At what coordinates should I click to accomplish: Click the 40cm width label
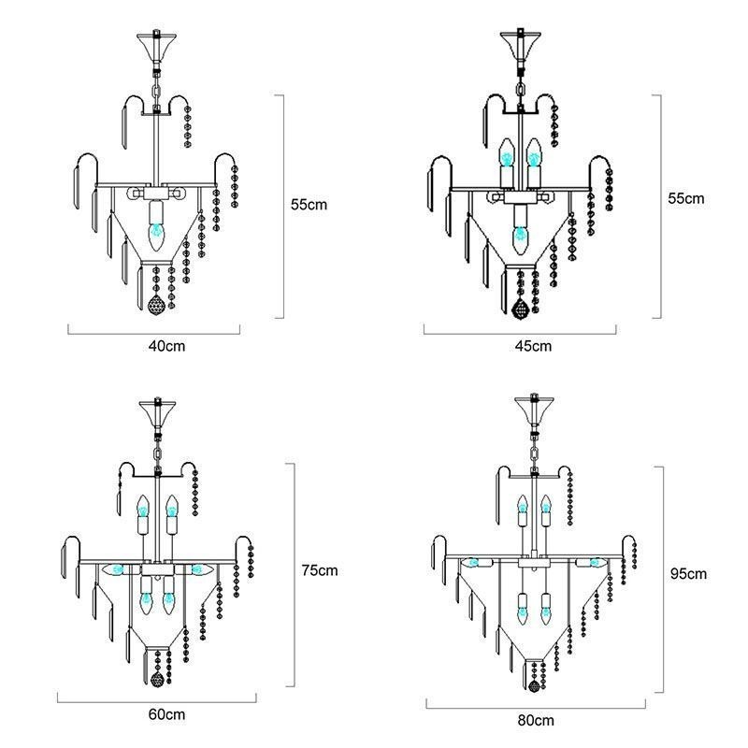(x=167, y=346)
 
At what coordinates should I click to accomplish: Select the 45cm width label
(x=534, y=346)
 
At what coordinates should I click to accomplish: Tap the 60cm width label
(x=167, y=714)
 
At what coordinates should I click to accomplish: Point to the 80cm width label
(x=536, y=720)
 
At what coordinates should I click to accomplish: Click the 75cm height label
(x=321, y=570)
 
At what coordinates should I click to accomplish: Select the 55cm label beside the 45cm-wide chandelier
(x=685, y=199)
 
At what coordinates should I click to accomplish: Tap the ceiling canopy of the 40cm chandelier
(x=156, y=47)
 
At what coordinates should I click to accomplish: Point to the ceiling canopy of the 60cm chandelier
(x=157, y=412)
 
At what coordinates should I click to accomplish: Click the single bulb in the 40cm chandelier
(x=156, y=230)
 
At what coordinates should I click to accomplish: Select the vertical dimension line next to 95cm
(x=662, y=580)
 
